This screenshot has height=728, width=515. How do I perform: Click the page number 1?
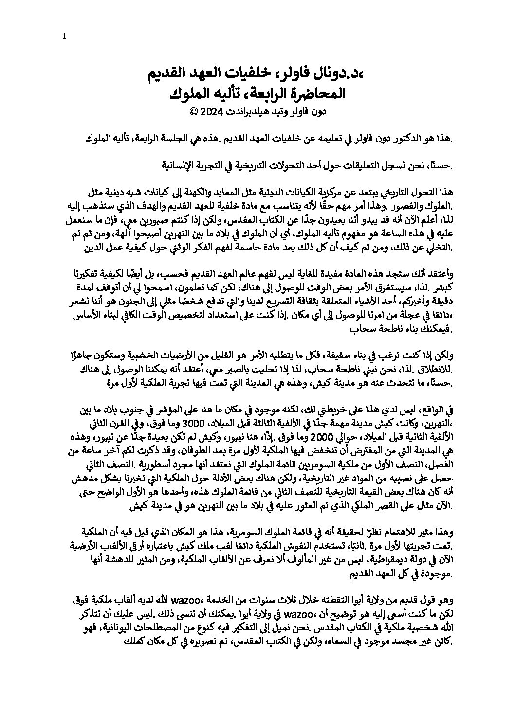[x=64, y=36]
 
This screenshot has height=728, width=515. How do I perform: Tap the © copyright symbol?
[x=193, y=112]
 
